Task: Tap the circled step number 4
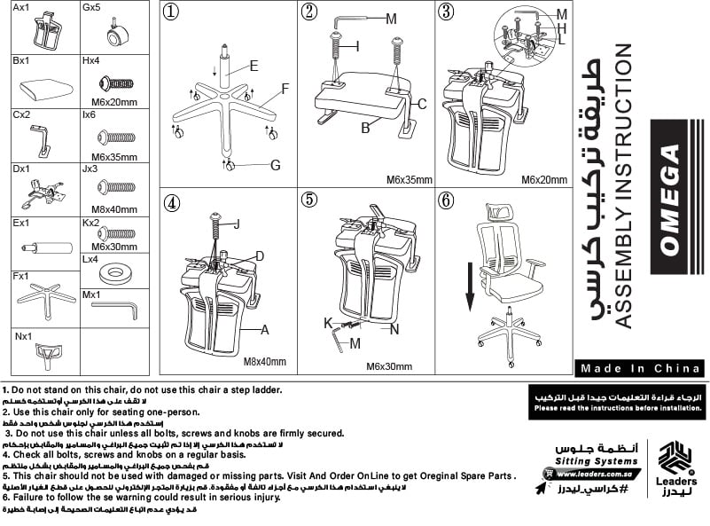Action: tap(172, 202)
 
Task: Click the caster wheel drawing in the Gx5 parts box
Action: tap(114, 35)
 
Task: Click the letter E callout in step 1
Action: tap(254, 66)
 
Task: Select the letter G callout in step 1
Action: tap(275, 165)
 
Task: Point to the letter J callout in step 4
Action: tap(237, 224)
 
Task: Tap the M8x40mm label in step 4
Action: tap(265, 361)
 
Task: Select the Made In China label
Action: tap(638, 368)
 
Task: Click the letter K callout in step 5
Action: tap(327, 321)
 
